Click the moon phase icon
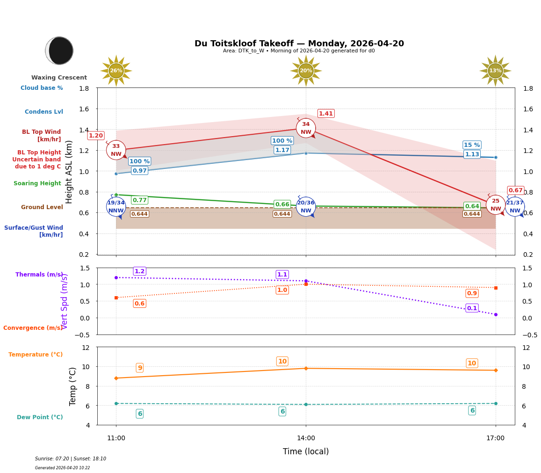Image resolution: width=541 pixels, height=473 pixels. click(59, 51)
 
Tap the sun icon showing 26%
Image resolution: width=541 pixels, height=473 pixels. click(116, 71)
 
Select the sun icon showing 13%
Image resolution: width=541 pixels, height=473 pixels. click(495, 71)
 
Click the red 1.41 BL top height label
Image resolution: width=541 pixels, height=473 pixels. click(326, 114)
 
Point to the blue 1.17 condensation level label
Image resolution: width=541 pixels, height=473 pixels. click(282, 150)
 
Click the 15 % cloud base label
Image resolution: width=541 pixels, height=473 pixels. click(472, 145)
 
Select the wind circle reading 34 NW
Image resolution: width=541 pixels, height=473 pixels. click(306, 128)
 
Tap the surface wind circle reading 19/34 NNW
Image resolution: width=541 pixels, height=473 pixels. click(116, 206)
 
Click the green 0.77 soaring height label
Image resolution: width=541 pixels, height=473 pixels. click(140, 200)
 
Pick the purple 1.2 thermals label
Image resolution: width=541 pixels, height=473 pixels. click(140, 271)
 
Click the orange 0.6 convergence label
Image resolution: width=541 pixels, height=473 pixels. click(140, 304)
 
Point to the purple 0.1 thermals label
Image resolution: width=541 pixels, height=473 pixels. click(472, 308)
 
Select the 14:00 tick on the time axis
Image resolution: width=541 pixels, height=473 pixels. click(306, 438)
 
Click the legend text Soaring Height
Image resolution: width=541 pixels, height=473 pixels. click(37, 184)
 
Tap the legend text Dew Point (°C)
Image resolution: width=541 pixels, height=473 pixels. click(40, 417)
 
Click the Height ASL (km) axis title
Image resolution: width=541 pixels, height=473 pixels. click(69, 172)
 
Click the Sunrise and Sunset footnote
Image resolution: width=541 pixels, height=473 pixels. click(71, 459)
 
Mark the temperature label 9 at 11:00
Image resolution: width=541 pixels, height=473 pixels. click(140, 368)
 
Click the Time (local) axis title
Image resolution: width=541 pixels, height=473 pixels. click(306, 451)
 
